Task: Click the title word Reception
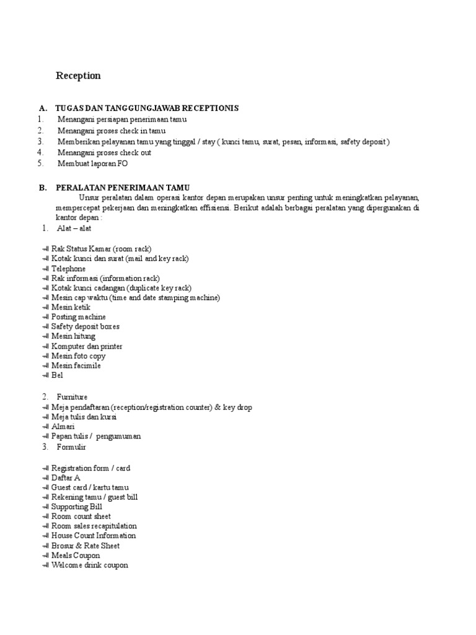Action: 78,76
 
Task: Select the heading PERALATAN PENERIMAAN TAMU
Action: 123,187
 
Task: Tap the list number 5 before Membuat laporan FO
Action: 40,164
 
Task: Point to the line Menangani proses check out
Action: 104,153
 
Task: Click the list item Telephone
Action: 68,269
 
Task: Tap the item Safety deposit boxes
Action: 85,327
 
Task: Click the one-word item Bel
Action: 57,375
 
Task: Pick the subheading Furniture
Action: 72,397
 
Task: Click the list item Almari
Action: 63,427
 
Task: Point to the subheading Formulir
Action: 72,446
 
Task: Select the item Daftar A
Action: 66,478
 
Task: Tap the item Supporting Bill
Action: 77,507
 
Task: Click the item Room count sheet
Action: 81,517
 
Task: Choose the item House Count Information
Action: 94,536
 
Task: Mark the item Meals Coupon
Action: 75,556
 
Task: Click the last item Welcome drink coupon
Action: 89,566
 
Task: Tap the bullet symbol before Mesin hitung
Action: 45,336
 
